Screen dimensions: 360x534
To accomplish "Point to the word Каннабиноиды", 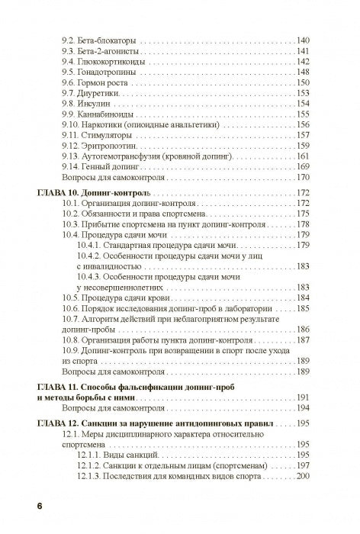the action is click(108, 113).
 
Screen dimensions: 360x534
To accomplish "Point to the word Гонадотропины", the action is click(110, 70).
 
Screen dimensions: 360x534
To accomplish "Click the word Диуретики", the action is click(101, 92).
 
